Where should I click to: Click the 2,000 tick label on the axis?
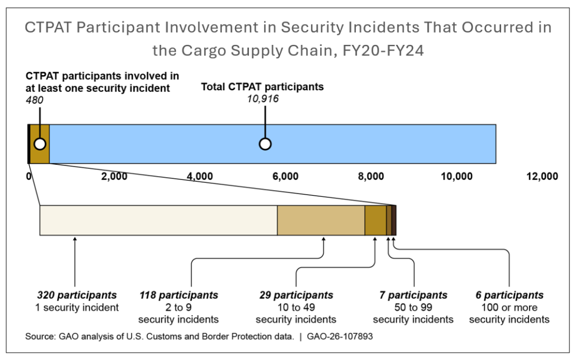(114, 176)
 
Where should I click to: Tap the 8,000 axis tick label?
(371, 176)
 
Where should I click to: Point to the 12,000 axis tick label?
(542, 176)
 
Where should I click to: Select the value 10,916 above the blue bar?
(262, 99)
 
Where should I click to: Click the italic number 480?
(34, 100)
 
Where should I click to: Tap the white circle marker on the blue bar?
(265, 144)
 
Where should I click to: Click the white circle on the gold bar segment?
(40, 144)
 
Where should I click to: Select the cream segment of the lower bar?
(158, 220)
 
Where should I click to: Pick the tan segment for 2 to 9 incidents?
(321, 220)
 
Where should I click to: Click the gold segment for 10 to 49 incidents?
(376, 220)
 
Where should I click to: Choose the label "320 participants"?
(77, 295)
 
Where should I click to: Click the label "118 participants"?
(179, 295)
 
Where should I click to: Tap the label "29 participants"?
(296, 295)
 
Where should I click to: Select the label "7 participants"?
(413, 295)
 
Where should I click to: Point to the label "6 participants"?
(509, 295)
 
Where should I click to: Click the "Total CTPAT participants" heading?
(262, 87)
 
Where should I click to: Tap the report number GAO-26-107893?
(340, 336)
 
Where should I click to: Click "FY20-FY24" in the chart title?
(383, 50)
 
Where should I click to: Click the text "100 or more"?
(509, 307)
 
